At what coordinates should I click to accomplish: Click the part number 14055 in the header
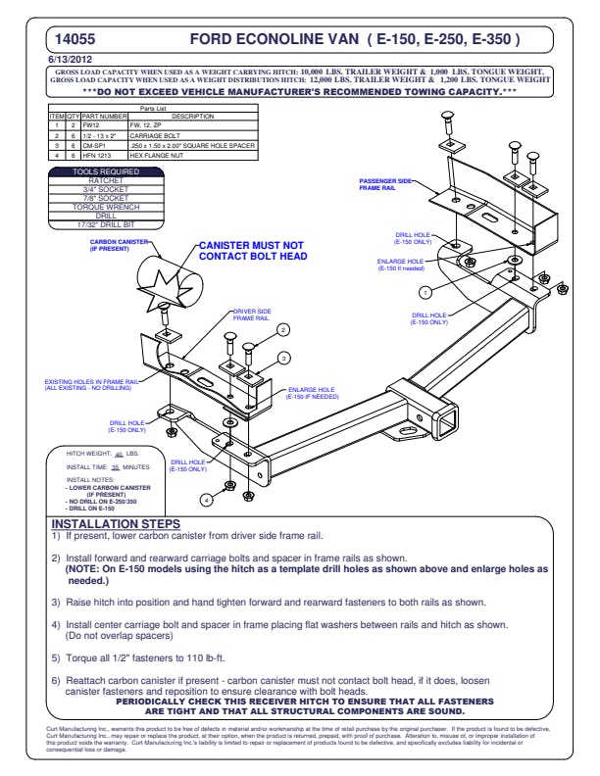tap(75, 40)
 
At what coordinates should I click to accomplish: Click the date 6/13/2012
tap(70, 60)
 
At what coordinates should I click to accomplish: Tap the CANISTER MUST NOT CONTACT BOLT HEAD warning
tap(253, 251)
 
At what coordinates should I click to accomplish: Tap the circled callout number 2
tap(282, 330)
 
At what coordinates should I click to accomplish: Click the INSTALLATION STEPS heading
tap(115, 524)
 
